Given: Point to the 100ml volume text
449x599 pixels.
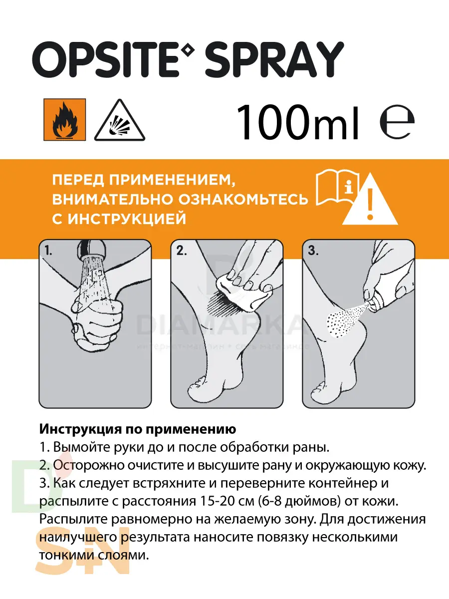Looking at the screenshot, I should [297, 121].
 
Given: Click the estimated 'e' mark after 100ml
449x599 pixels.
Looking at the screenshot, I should [397, 123].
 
